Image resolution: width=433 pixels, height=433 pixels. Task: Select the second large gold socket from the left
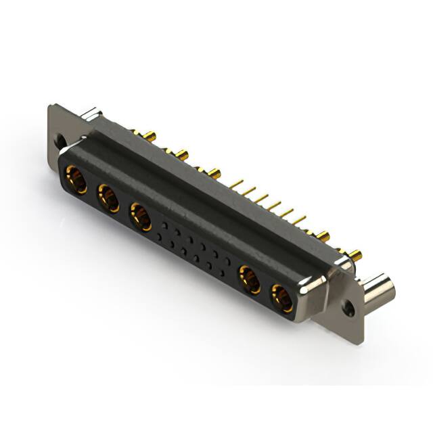pos(108,199)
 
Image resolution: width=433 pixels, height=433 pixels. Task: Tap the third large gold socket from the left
pos(140,216)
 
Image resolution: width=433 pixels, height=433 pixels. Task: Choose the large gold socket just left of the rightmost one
pos(250,279)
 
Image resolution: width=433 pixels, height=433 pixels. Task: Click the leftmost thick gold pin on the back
pos(150,137)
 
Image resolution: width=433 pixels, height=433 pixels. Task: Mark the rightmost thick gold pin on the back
pos(357,255)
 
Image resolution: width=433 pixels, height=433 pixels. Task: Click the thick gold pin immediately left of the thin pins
pos(214,173)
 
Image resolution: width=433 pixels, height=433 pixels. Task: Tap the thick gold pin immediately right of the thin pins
pos(323,236)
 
